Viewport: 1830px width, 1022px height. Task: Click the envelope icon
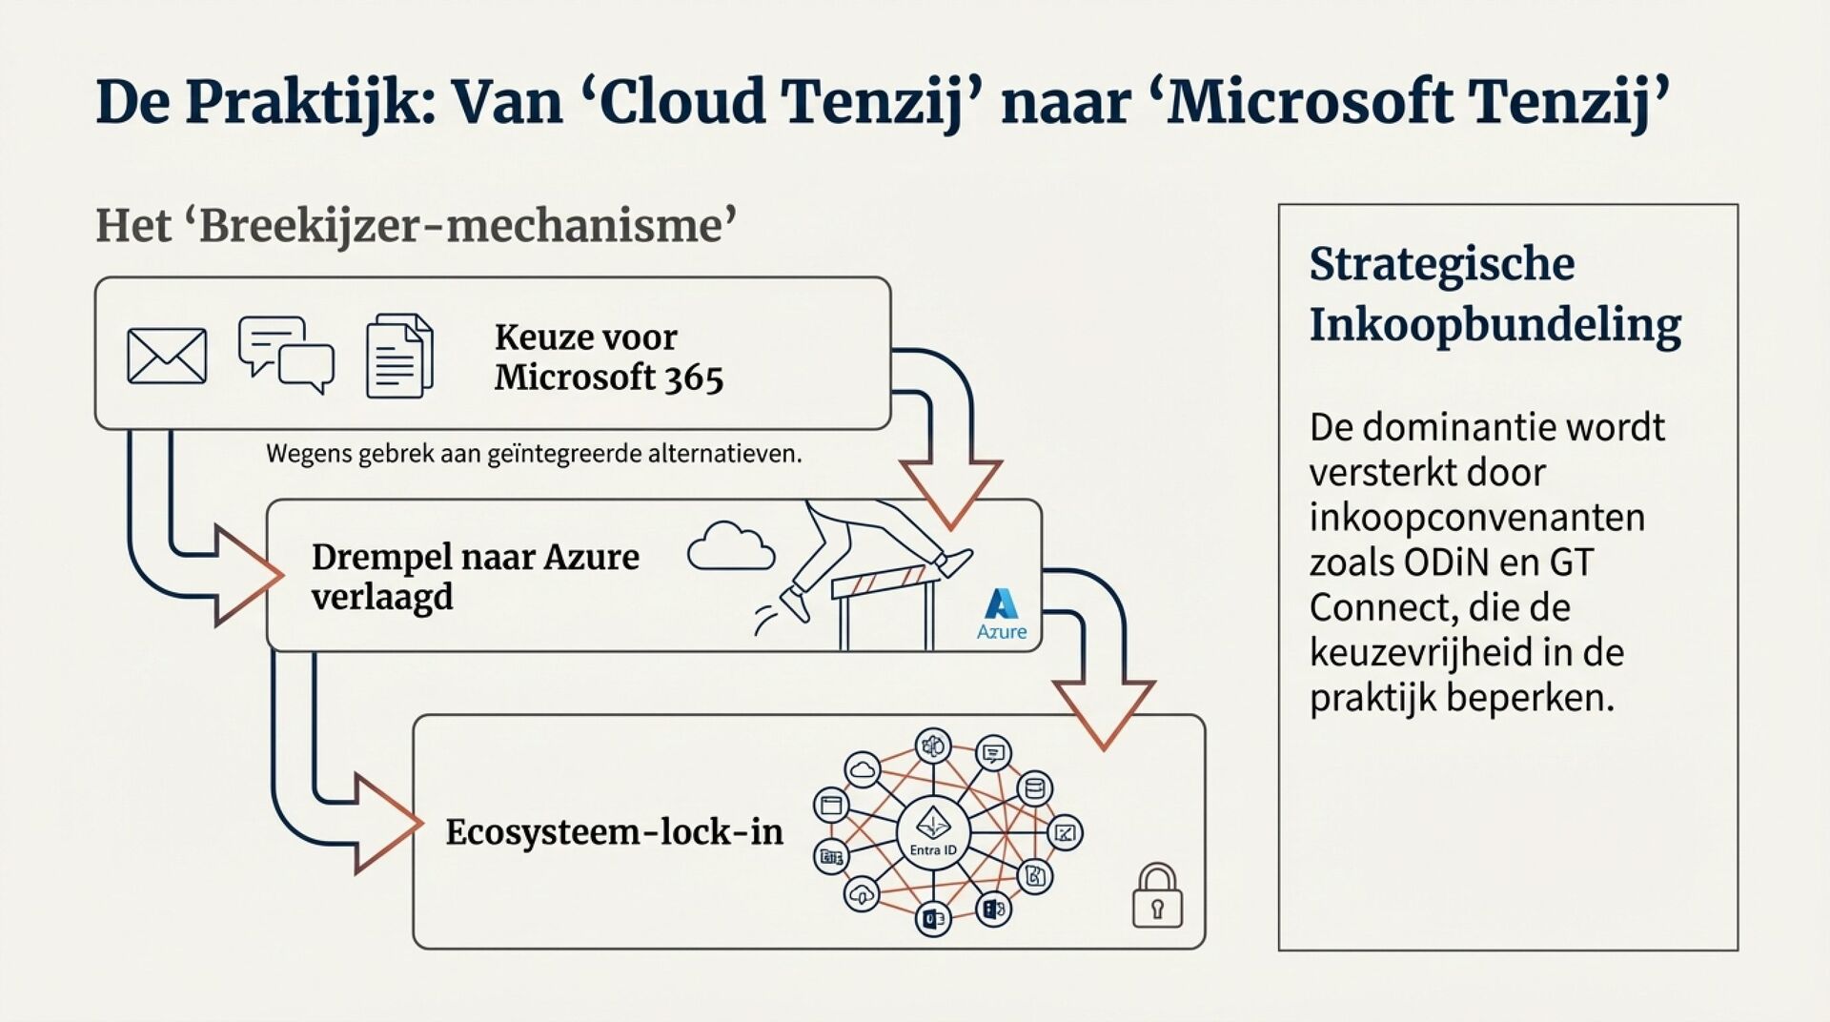(167, 357)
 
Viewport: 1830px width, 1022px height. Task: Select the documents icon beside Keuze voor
(399, 356)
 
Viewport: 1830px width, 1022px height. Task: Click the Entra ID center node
(932, 831)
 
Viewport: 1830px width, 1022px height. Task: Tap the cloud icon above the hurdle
(731, 547)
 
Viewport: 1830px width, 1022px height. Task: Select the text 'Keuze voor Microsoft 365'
(608, 358)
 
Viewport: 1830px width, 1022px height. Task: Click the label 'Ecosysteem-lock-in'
(614, 832)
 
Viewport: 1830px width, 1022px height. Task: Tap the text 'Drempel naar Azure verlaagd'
(475, 577)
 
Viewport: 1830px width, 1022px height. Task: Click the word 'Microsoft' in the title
(1310, 101)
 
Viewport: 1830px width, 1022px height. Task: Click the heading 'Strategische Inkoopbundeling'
(1494, 294)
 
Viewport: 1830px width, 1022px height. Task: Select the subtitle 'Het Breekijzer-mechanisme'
(417, 227)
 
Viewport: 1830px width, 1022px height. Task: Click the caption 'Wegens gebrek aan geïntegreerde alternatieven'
(534, 454)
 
